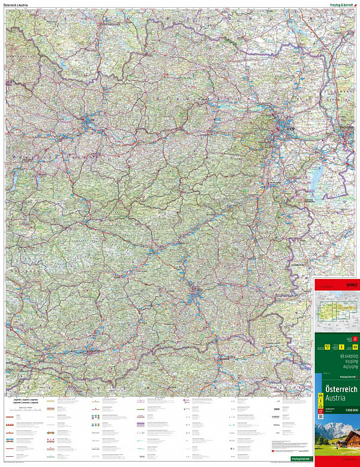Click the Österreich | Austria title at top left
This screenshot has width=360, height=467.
pos(17,5)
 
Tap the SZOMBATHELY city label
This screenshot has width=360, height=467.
pos(298,263)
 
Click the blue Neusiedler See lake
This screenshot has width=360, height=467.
pos(317,177)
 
